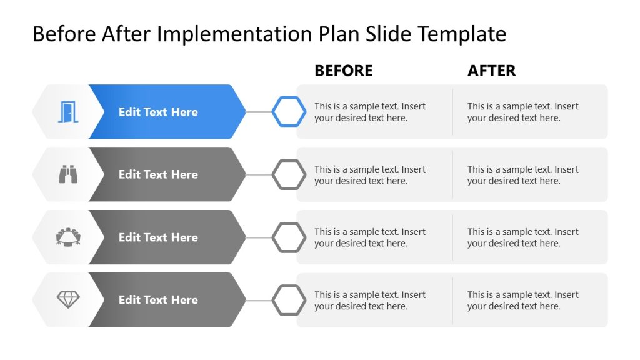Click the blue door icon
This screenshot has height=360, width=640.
67,112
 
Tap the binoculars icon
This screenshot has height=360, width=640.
68,174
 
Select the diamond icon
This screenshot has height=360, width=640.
68,300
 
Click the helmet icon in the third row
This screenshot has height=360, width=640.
68,237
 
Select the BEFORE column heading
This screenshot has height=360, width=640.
343,71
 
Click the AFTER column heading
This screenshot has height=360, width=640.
491,71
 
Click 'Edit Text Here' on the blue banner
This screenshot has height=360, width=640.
158,112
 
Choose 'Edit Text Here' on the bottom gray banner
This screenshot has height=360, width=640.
158,300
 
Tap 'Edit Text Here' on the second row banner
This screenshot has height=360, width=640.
158,174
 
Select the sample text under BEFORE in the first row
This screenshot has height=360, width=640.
370,112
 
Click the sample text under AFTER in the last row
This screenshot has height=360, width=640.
523,301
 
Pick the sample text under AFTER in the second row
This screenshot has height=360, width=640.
523,175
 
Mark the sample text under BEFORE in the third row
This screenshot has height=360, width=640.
370,237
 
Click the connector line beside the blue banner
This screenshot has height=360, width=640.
259,112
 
